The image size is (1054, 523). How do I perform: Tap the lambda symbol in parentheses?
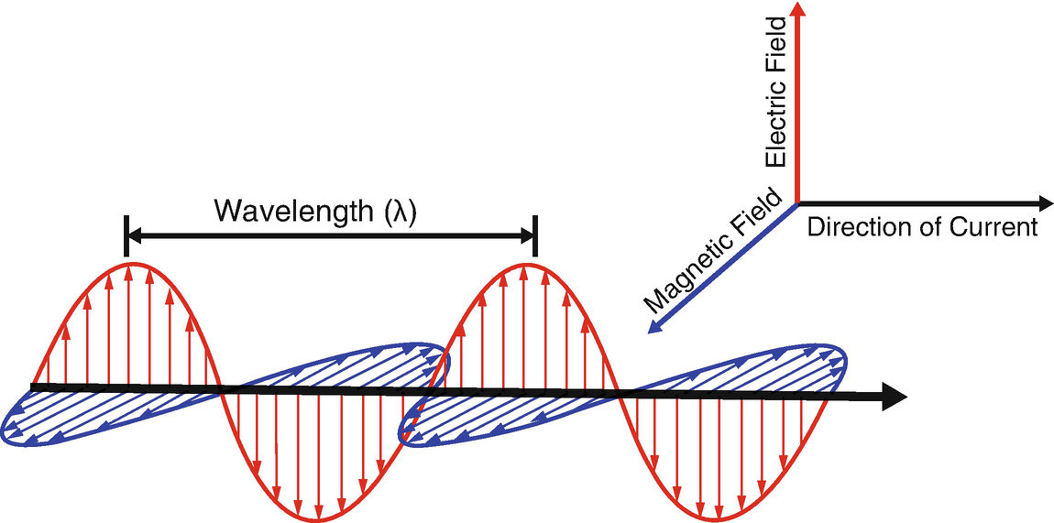(x=400, y=212)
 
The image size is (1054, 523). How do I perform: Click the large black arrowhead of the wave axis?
(x=894, y=397)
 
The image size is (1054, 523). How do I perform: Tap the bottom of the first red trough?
(x=317, y=518)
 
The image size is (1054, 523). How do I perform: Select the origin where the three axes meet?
(x=797, y=202)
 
